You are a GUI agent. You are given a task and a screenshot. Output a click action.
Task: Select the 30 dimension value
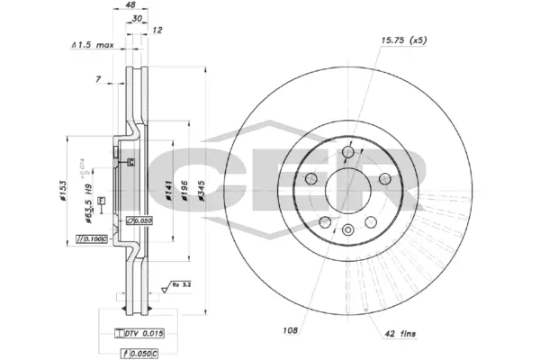135,19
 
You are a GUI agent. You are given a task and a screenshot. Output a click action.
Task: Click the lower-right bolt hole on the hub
370,222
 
